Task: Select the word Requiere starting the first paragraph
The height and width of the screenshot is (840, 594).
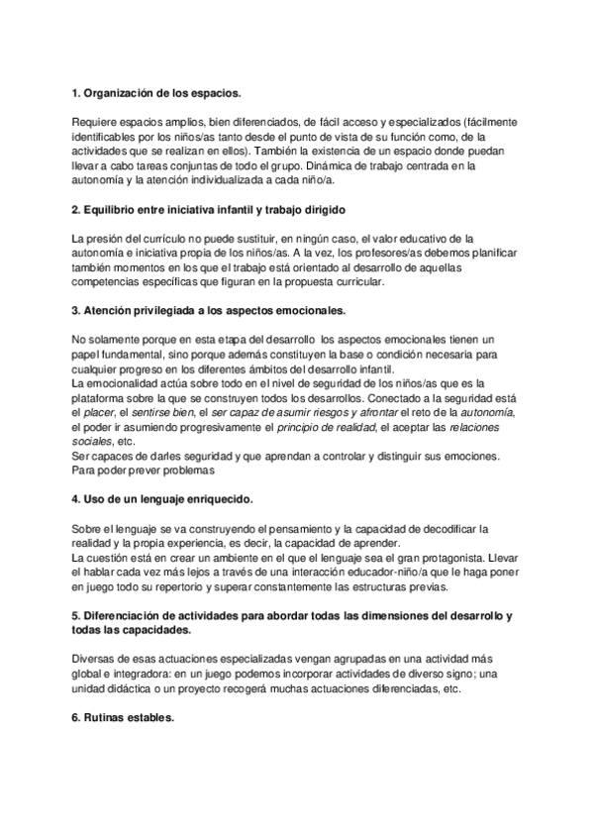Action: point(97,122)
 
